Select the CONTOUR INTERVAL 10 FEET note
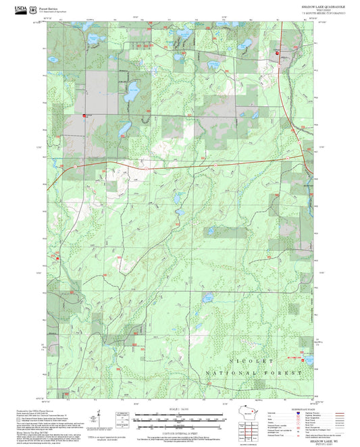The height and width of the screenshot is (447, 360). click(x=180, y=431)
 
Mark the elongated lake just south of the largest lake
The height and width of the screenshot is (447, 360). click(x=124, y=128)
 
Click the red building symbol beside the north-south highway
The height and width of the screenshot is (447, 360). click(x=277, y=53)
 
